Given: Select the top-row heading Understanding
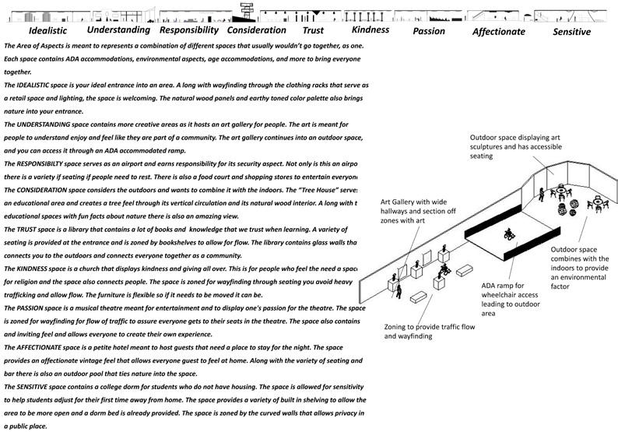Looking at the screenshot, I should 118,30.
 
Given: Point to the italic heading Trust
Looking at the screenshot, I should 312,31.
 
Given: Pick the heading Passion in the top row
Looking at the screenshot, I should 429,31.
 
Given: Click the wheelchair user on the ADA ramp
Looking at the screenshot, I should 508,234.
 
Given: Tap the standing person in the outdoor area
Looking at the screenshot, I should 540,193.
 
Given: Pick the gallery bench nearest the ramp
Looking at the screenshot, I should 465,271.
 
